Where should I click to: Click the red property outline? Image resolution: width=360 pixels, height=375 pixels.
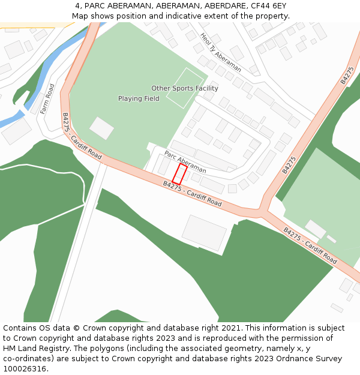click(x=179, y=174)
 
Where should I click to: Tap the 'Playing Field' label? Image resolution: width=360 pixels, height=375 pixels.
click(x=139, y=98)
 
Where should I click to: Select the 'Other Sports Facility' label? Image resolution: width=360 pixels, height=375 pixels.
click(x=185, y=88)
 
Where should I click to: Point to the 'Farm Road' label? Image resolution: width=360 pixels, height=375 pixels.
click(x=47, y=99)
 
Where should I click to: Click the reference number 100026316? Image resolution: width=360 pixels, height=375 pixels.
click(x=24, y=368)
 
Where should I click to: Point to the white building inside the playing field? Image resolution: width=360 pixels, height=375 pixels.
click(x=101, y=128)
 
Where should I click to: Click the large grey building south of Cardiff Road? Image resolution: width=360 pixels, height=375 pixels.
click(x=204, y=233)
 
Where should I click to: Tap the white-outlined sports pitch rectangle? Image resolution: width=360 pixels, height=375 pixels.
click(x=184, y=88)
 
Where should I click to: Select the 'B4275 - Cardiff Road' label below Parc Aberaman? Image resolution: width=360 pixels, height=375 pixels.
click(x=192, y=194)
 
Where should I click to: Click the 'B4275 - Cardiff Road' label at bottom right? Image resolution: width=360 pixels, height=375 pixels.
click(x=310, y=245)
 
